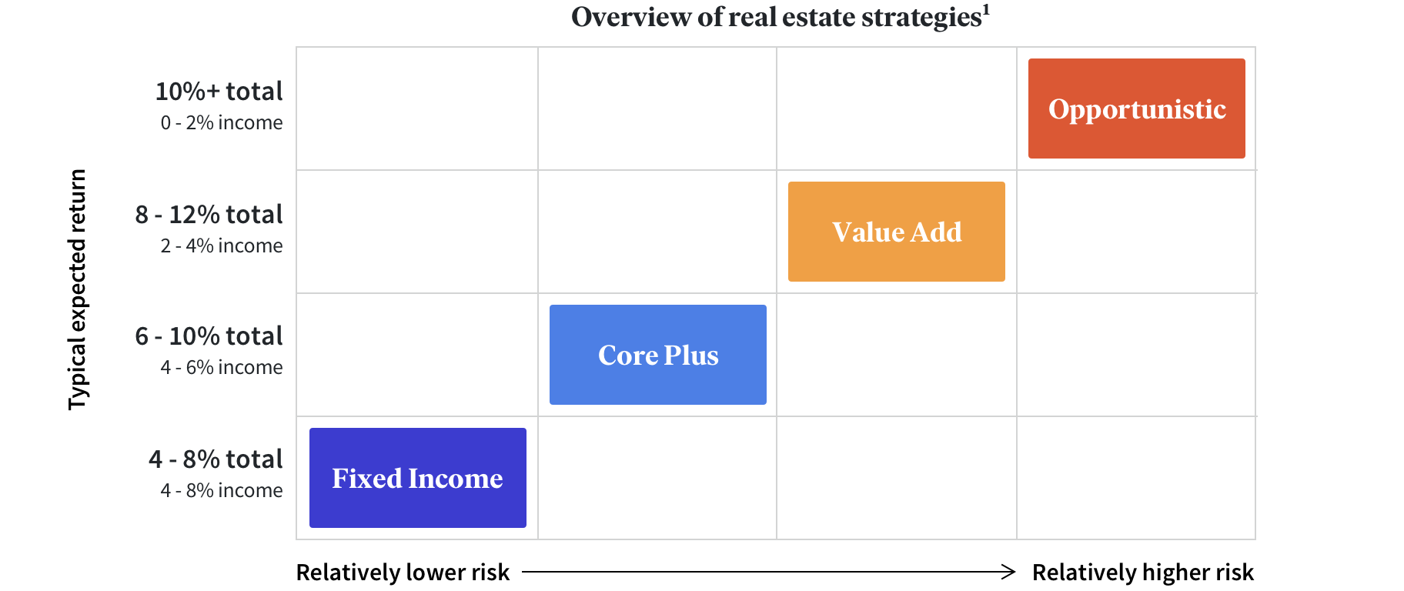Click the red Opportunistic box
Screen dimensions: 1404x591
tap(1136, 109)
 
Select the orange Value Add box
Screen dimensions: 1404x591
tap(897, 232)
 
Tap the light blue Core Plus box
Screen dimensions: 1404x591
tap(658, 355)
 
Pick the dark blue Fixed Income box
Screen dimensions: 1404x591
tap(418, 478)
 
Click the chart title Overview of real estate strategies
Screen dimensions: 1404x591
tap(777, 17)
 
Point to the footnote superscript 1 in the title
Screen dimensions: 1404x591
tap(986, 9)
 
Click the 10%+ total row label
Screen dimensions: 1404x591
tap(219, 92)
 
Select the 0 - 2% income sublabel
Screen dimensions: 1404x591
tap(222, 122)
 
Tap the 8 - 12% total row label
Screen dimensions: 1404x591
tap(209, 215)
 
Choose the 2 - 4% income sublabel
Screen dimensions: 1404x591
tap(222, 245)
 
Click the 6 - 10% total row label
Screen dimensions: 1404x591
tap(209, 336)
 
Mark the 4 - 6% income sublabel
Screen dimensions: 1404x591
tap(222, 367)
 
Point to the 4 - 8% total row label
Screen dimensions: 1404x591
tap(216, 459)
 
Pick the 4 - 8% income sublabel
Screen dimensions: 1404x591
tap(222, 490)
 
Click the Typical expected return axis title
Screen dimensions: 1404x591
tap(78, 290)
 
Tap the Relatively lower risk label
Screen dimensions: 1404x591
tap(403, 573)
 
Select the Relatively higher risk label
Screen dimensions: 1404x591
tap(1143, 573)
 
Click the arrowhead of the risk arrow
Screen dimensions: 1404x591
tap(1010, 572)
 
